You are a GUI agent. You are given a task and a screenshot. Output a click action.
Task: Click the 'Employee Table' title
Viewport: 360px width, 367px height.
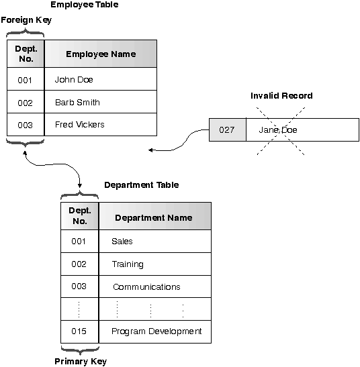[x=84, y=5]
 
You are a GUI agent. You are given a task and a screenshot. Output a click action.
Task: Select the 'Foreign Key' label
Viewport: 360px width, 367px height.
[x=26, y=20]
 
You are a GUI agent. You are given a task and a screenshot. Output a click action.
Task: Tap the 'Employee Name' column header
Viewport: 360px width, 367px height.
[x=100, y=54]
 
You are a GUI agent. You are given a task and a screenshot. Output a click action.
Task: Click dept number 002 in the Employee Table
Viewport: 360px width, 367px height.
[x=26, y=103]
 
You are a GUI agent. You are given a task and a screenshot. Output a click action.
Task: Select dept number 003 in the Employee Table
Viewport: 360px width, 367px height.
[x=26, y=125]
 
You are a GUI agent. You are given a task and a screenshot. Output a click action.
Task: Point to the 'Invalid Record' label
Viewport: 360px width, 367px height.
[x=281, y=96]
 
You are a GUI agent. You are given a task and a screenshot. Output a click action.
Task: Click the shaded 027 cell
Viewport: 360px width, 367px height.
[x=227, y=129]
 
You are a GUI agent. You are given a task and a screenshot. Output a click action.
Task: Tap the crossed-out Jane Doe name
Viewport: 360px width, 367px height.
[x=277, y=129]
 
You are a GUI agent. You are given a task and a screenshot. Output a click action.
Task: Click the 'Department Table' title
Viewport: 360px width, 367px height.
[x=141, y=185]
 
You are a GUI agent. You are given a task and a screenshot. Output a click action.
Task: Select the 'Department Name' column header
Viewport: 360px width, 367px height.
[x=154, y=217]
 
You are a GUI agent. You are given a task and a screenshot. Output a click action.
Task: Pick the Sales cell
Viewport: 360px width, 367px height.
[x=122, y=241]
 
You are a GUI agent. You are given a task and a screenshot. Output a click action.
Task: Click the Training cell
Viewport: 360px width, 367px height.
[x=128, y=264]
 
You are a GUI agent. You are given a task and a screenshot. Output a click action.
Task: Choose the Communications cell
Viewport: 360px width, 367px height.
[x=146, y=286]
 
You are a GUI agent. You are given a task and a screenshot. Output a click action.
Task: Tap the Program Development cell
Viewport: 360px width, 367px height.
[x=156, y=331]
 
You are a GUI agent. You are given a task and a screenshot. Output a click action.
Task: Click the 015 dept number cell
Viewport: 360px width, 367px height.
[x=79, y=331]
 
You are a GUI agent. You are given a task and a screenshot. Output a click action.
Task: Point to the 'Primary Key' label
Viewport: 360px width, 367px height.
[x=80, y=362]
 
